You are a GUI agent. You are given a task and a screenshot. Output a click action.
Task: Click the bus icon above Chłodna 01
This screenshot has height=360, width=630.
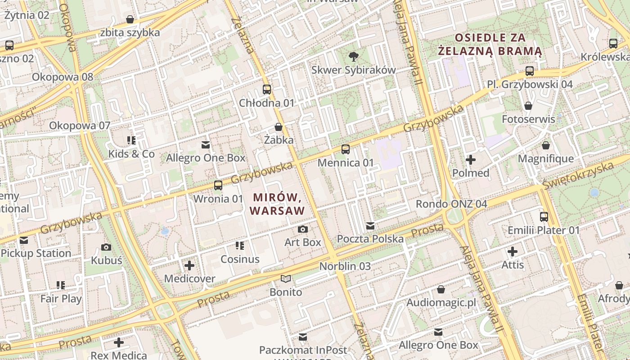[267, 89]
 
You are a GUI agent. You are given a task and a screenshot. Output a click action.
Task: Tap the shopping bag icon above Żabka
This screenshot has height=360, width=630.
[279, 127]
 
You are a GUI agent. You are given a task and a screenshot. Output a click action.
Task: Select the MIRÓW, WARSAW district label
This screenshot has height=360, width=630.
[277, 203]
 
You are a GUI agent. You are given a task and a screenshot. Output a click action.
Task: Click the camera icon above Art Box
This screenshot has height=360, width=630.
[303, 229]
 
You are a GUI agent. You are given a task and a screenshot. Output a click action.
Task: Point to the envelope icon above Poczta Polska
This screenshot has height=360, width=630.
[370, 225]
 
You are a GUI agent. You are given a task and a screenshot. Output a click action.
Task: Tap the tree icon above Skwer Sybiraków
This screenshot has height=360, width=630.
[354, 56]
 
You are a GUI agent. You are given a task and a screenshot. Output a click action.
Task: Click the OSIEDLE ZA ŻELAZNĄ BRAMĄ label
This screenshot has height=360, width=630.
[490, 44]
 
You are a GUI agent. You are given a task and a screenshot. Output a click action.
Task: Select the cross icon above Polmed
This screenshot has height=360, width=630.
[471, 160]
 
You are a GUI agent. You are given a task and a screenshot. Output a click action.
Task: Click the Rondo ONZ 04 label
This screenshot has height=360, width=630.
[451, 204]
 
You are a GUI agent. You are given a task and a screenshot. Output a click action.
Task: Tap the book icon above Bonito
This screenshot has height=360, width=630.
[286, 279]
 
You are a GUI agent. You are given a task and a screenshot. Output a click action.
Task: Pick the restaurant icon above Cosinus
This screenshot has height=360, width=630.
[240, 246]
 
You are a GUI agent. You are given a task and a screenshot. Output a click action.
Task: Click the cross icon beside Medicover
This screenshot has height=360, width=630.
[189, 265]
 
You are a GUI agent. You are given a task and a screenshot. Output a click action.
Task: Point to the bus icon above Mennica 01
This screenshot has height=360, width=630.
[346, 149]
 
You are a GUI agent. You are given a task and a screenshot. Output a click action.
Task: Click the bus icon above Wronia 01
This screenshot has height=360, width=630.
[218, 185]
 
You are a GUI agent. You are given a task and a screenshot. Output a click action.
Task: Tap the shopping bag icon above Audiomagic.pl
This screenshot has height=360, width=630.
[441, 289]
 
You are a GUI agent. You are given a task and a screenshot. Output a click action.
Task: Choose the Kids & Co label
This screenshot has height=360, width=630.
[131, 154]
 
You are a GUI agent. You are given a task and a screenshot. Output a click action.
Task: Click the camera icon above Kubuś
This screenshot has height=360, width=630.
[106, 247]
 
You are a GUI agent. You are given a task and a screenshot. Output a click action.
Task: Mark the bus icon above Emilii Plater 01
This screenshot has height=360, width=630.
[544, 217]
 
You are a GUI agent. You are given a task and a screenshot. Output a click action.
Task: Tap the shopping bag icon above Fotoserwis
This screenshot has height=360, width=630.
[528, 106]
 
